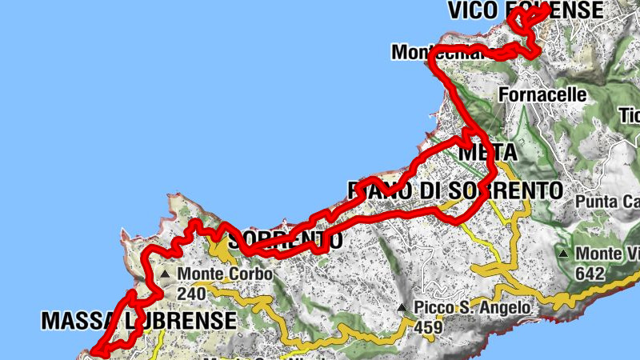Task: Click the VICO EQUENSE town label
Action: tap(526, 10)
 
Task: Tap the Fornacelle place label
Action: tap(542, 94)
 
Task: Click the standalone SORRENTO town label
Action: tap(286, 239)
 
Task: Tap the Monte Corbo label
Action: tap(225, 274)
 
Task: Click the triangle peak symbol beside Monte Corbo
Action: tap(165, 274)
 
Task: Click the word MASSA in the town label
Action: tap(75, 322)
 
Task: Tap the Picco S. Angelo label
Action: tap(471, 308)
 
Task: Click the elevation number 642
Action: tap(590, 274)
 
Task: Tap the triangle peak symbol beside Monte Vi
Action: tap(564, 254)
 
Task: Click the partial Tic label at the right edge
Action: tap(629, 115)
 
